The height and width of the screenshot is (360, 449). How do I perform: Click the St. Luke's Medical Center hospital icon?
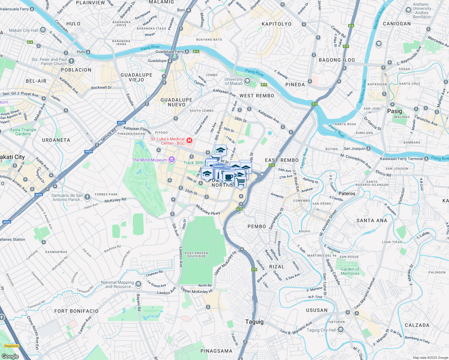(x=189, y=140)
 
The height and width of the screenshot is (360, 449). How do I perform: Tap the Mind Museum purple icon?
(x=171, y=160)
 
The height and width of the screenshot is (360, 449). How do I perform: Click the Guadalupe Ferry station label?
(x=170, y=52)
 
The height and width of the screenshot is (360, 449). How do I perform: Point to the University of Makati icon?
(x=247, y=81)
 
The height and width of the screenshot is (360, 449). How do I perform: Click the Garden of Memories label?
(x=350, y=271)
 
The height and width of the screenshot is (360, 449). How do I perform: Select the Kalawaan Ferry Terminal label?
(x=401, y=159)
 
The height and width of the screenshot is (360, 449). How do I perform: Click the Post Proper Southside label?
(x=197, y=255)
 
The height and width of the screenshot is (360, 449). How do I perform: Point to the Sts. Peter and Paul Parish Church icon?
(x=71, y=61)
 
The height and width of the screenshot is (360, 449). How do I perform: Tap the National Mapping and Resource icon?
(x=138, y=284)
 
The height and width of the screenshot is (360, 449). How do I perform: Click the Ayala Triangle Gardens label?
(x=23, y=132)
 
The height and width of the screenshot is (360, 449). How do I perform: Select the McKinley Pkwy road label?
(x=208, y=210)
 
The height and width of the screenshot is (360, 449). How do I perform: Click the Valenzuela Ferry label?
(x=14, y=9)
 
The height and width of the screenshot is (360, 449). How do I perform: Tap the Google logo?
(x=10, y=356)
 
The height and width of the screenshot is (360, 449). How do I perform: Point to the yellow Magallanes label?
(x=11, y=346)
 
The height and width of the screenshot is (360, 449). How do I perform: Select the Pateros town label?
(x=347, y=193)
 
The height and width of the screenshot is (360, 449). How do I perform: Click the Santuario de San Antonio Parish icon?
(x=87, y=197)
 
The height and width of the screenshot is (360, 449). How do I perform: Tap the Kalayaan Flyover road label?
(x=137, y=129)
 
